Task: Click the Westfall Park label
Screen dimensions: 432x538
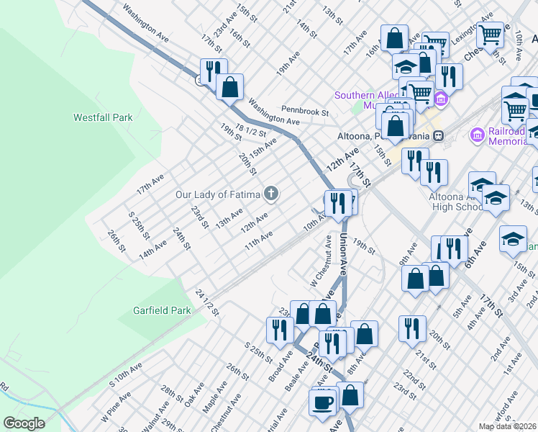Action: (x=104, y=117)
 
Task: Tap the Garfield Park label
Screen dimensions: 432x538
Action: (x=163, y=311)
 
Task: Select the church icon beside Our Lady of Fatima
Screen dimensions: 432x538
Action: (x=270, y=192)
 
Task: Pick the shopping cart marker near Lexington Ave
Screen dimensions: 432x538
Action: (x=490, y=34)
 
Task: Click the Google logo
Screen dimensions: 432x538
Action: (x=24, y=423)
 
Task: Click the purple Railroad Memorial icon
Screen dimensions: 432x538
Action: (x=475, y=135)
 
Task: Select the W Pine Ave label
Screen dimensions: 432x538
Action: (x=115, y=407)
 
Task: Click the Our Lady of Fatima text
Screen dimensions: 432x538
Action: (x=219, y=194)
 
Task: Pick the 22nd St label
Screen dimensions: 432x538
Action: (x=414, y=377)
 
